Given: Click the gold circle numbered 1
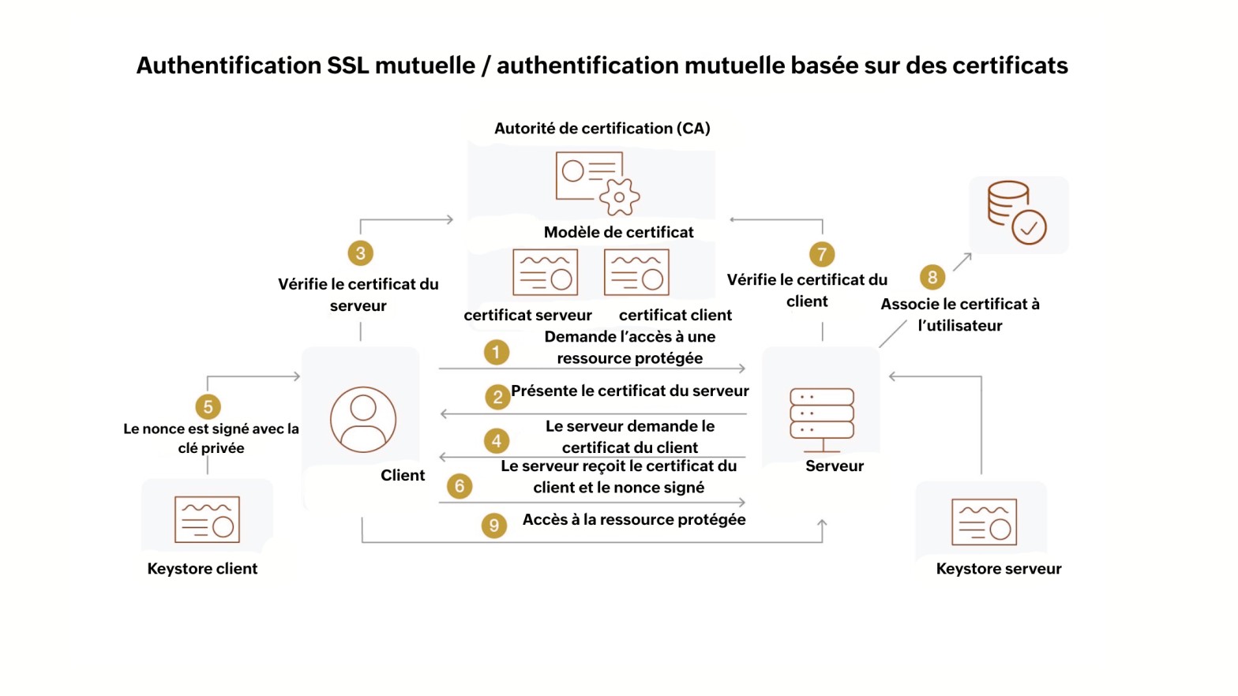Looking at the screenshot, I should click(496, 352).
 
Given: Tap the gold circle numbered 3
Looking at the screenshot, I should click(360, 253).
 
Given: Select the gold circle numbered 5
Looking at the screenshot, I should click(208, 406).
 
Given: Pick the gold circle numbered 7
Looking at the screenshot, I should click(822, 254).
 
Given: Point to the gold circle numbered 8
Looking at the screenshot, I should click(932, 277).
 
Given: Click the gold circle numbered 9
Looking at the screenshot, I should click(494, 525).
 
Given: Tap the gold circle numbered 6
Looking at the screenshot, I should click(460, 486).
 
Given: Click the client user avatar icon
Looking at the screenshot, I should click(363, 419).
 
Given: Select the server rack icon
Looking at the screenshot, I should click(822, 419).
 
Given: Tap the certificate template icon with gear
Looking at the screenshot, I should click(598, 183).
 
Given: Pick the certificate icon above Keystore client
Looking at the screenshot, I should click(207, 519).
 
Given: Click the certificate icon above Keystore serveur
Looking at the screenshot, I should click(984, 522).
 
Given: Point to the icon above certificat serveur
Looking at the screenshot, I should click(545, 272).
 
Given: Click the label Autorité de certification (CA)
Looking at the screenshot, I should click(602, 129).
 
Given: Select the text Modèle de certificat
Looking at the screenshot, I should click(618, 232).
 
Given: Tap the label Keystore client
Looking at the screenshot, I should click(202, 569).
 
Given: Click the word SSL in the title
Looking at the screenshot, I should click(347, 65).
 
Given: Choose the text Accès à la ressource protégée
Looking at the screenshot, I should click(634, 519).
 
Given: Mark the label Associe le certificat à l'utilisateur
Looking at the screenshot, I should click(960, 315).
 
